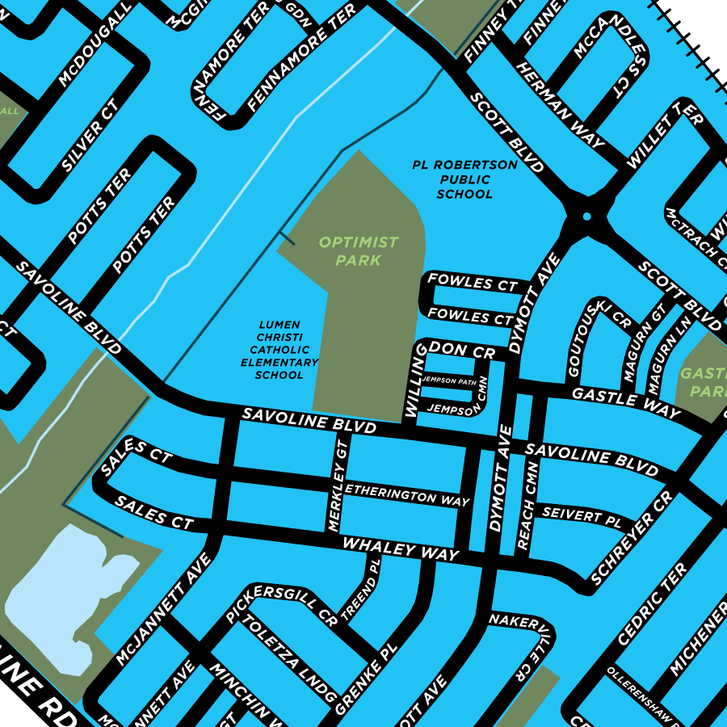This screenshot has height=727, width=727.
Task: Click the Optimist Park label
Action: (358, 251)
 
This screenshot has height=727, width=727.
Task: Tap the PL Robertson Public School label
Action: (464, 179)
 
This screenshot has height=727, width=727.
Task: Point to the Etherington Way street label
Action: (407, 494)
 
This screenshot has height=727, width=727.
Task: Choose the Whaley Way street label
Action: (401, 549)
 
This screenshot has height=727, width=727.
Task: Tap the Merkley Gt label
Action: (338, 485)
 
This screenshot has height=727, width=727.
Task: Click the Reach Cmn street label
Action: (529, 506)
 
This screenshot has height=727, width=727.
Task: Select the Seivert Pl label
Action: (581, 515)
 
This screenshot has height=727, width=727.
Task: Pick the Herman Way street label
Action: (560, 105)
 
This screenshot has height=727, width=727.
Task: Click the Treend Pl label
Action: (360, 590)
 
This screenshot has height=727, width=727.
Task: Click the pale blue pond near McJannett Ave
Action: (65, 598)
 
